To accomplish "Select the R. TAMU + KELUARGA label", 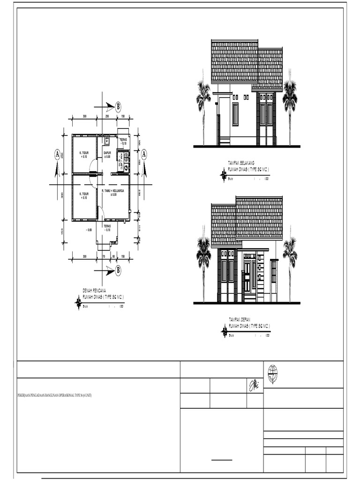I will (x=112, y=191).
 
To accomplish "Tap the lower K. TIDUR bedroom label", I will (x=84, y=195).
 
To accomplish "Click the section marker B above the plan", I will (x=118, y=105).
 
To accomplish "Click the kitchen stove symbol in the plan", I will (x=126, y=155).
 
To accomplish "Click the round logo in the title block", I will (x=273, y=374).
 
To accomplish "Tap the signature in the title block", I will (x=252, y=385).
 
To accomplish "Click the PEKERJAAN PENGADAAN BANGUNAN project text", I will (x=54, y=396).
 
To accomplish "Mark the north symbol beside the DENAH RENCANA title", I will (x=78, y=304).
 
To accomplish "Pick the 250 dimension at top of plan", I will (x=107, y=116).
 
